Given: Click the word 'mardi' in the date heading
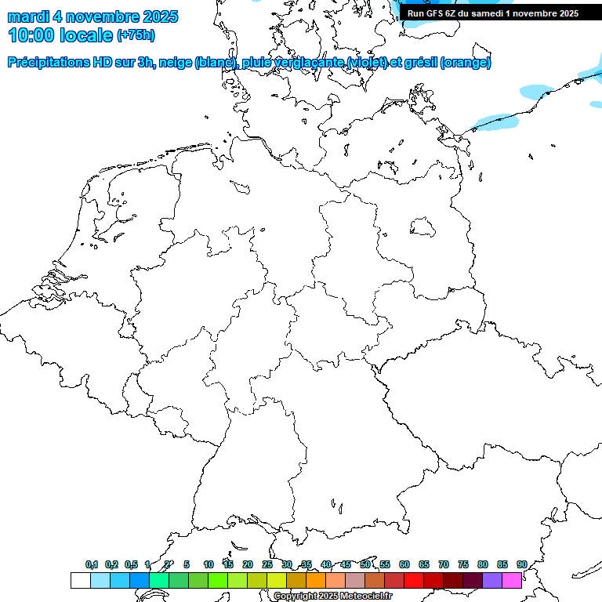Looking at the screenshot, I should (x=27, y=16).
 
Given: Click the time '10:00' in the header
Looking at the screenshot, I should (x=32, y=35).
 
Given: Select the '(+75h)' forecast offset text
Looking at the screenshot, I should (x=135, y=35).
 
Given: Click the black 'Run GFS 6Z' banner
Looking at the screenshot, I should (x=492, y=13).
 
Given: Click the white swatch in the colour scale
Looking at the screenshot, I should (x=80, y=580).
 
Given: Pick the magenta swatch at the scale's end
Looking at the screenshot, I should (x=512, y=580).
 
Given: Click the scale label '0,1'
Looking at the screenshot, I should (x=92, y=564).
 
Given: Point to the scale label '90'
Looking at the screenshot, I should (x=522, y=564).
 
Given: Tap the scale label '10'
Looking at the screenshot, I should (x=209, y=564).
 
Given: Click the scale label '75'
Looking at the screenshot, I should (x=463, y=564).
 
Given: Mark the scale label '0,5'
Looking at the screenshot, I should (x=132, y=564).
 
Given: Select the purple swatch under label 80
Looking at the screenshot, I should (x=491, y=580).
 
